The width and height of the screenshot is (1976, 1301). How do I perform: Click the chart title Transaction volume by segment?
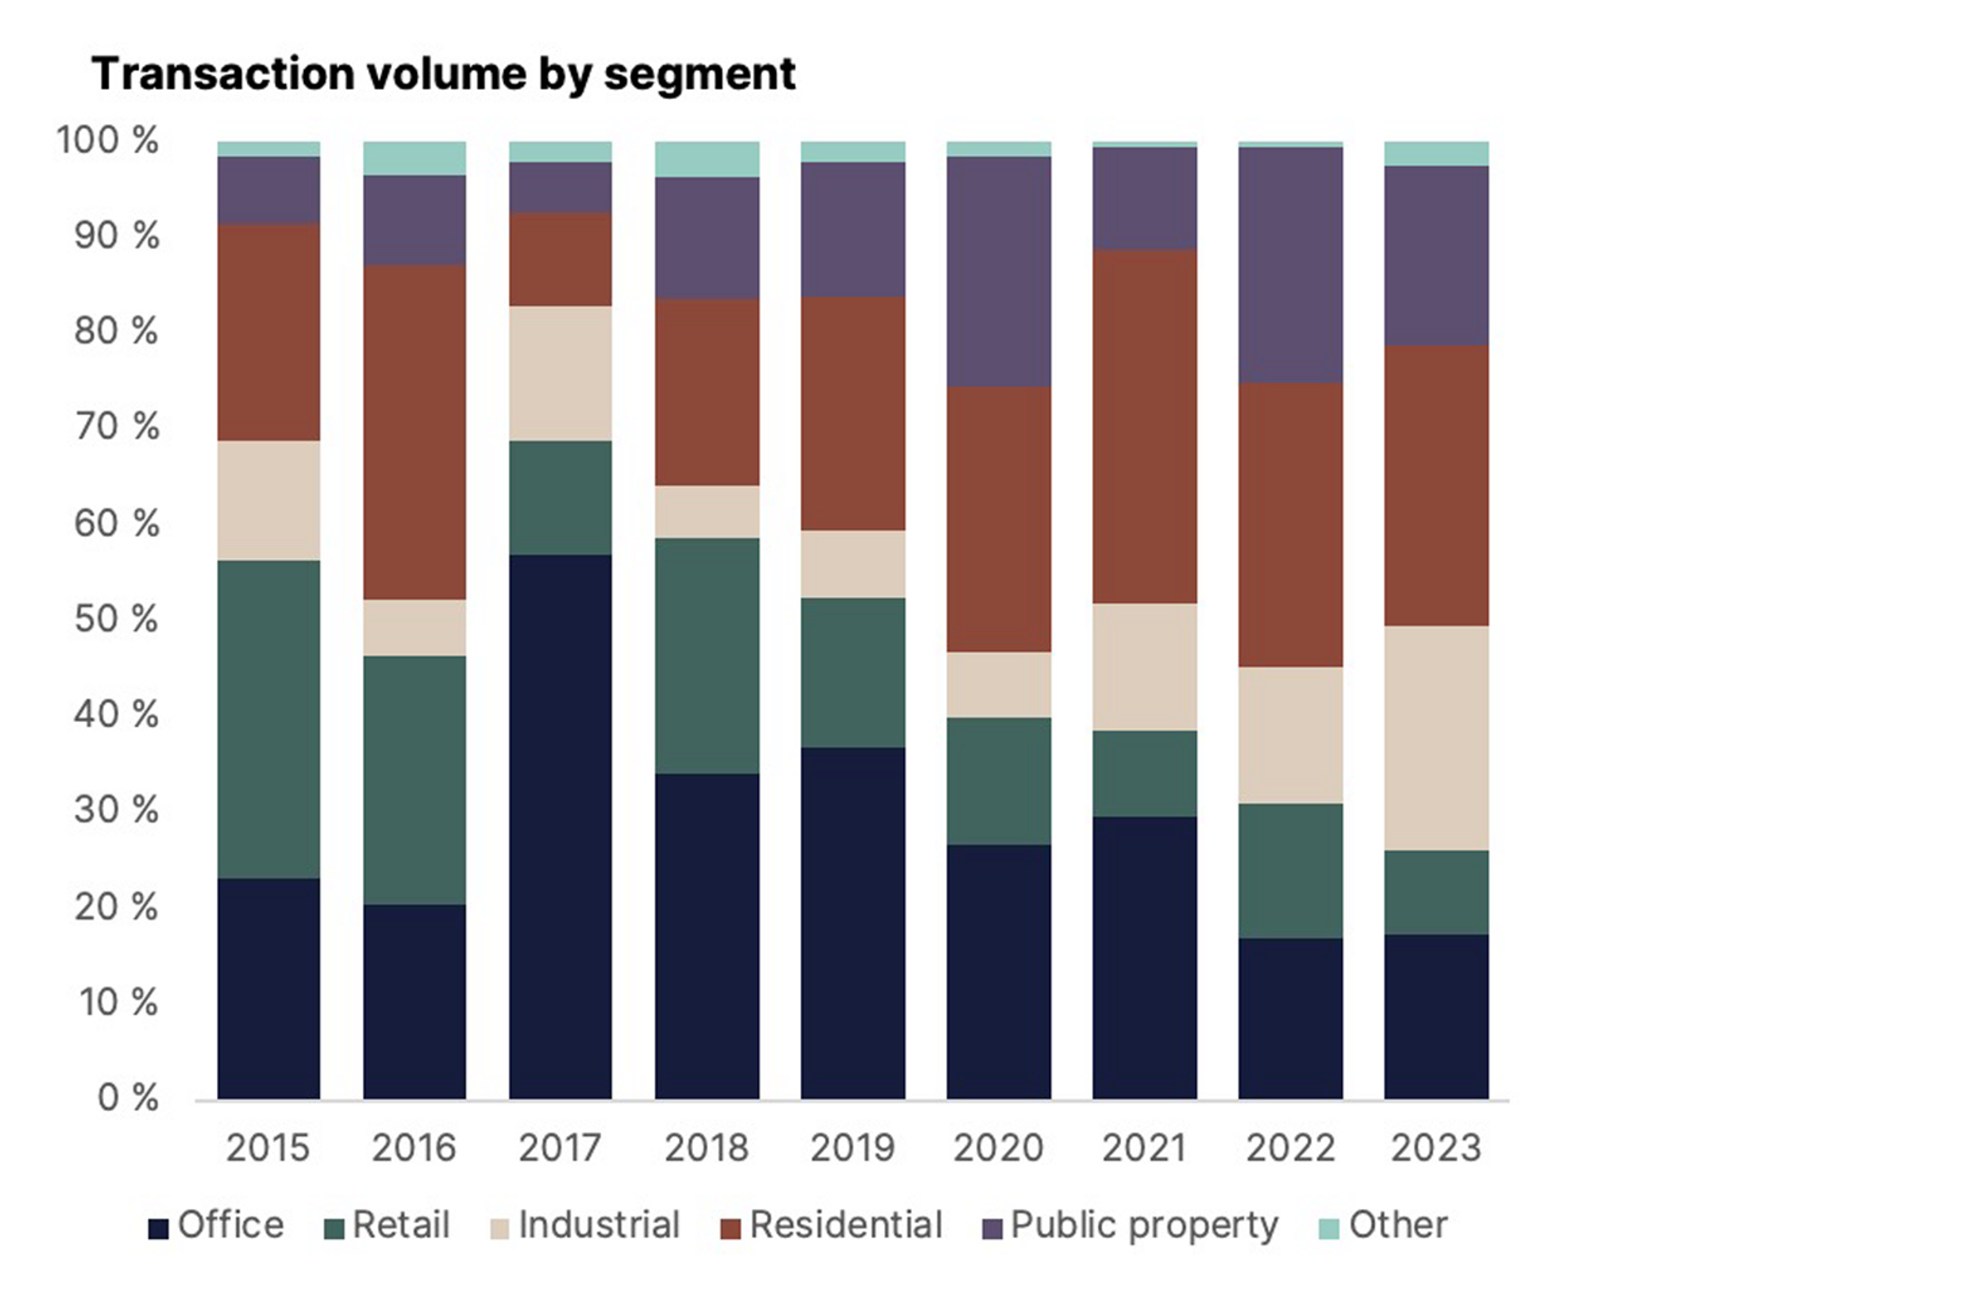point(444,74)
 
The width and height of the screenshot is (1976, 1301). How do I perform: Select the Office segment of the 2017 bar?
point(560,826)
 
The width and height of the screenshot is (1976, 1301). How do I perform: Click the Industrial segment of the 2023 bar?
point(1436,737)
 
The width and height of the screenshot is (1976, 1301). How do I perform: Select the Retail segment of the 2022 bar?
point(1290,870)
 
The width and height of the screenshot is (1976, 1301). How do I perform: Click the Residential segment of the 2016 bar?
point(414,432)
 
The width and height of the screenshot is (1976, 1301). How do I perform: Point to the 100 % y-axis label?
point(107,140)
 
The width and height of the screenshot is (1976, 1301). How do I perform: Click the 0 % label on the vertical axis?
point(127,1098)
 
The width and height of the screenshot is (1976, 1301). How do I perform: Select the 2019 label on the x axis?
point(853,1148)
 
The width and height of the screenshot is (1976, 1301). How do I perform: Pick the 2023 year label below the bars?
point(1436,1148)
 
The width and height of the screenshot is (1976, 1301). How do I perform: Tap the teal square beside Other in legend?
point(1329,1228)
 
